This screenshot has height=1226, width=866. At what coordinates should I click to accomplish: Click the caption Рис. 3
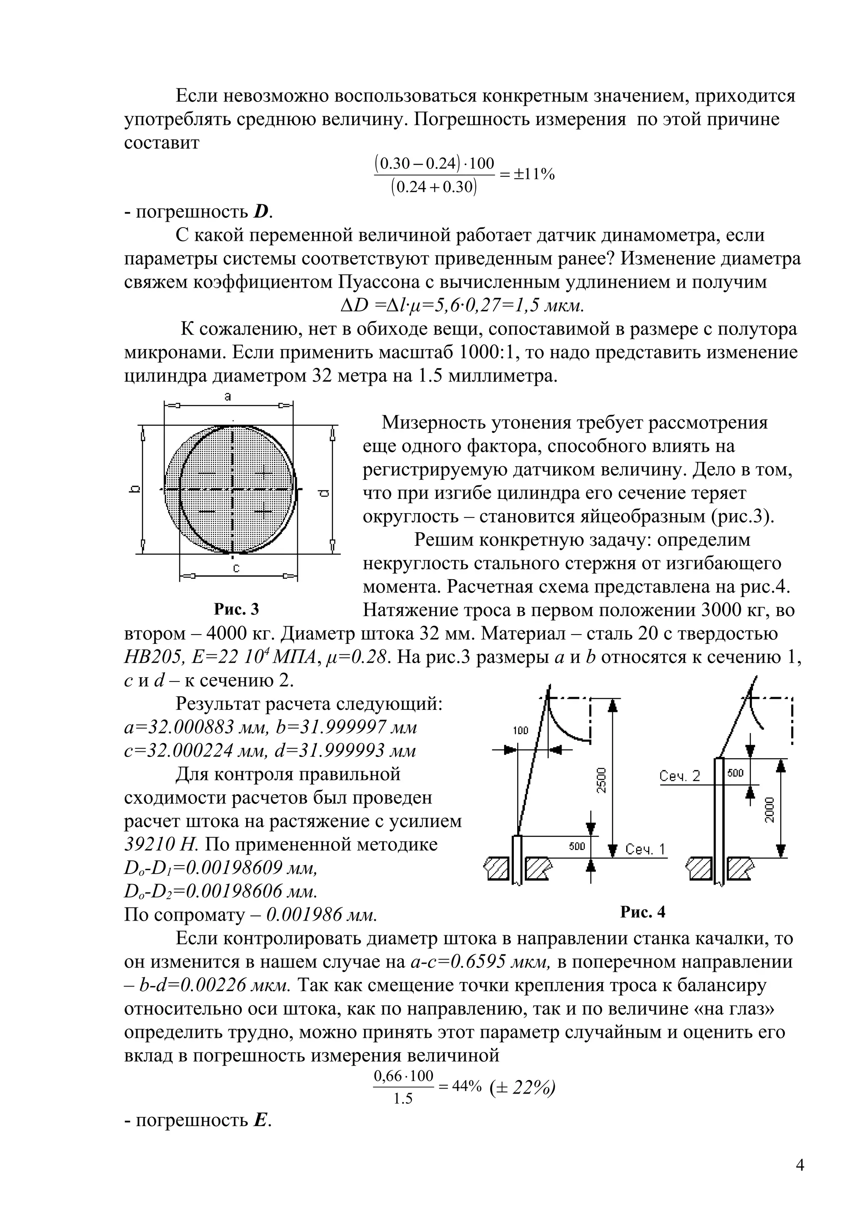click(x=236, y=609)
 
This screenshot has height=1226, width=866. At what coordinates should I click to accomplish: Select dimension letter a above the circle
click(x=228, y=396)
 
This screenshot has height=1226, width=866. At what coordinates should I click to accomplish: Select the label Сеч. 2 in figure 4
click(x=679, y=776)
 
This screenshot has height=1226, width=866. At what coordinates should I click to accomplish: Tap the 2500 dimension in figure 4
click(x=601, y=780)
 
